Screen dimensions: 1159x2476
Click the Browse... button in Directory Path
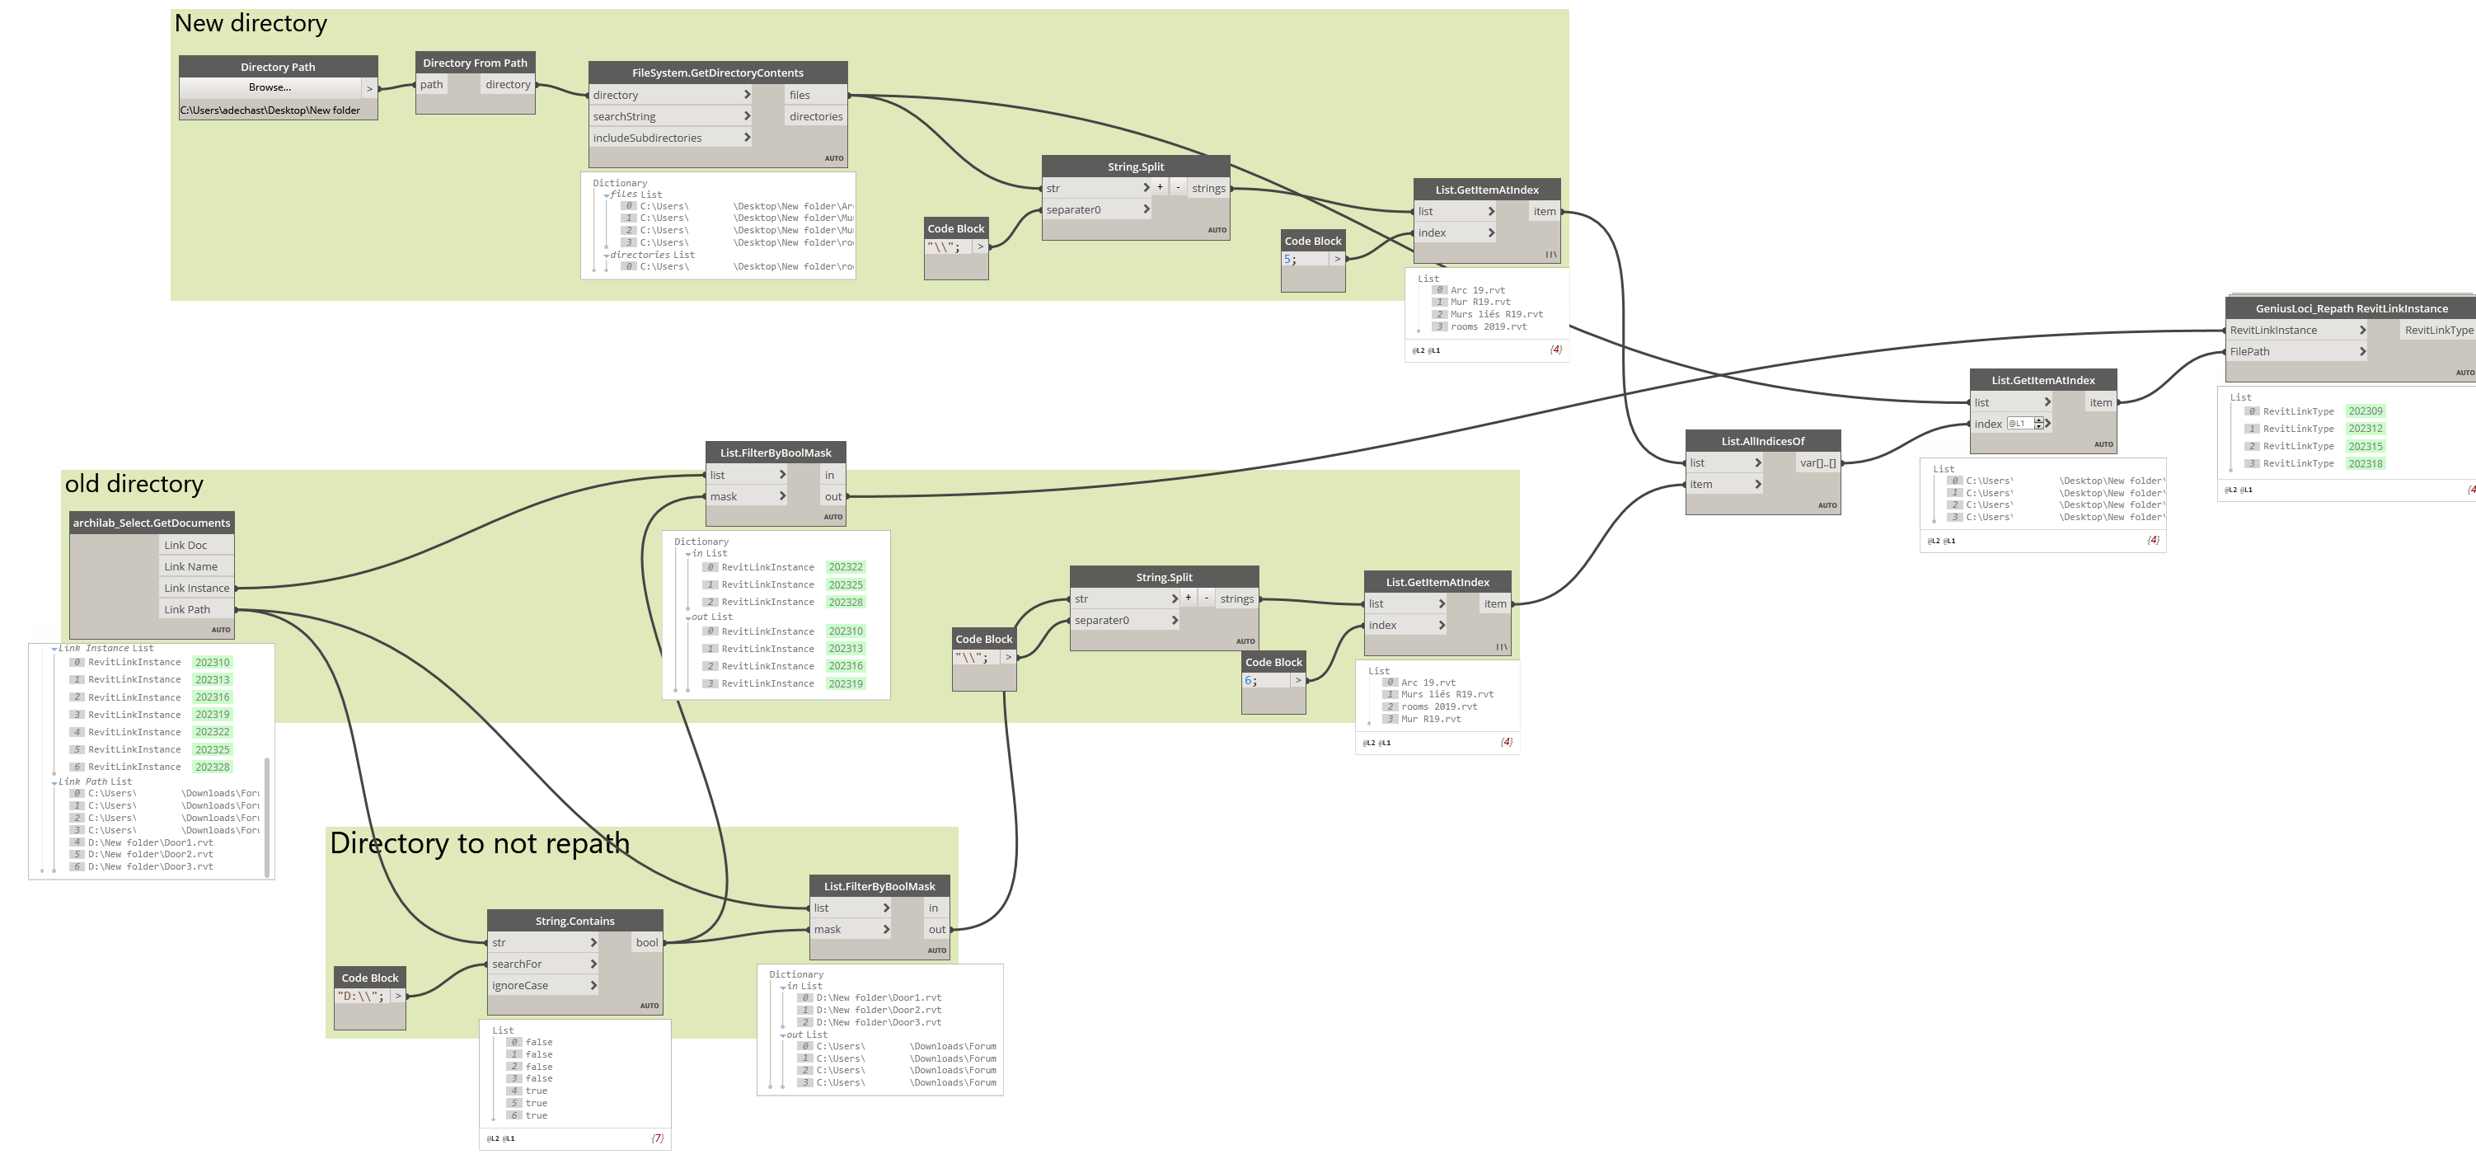pos(270,87)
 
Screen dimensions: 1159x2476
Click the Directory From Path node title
pos(475,63)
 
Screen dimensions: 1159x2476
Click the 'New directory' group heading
pos(251,23)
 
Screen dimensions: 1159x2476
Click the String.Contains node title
pos(574,921)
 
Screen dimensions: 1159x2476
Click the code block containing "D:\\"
pos(360,997)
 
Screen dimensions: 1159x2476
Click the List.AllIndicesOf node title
pos(1763,441)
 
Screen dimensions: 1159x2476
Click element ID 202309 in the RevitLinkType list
pos(2366,411)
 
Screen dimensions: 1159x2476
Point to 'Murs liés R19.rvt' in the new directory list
pos(1497,314)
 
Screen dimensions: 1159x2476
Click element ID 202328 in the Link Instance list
pos(213,767)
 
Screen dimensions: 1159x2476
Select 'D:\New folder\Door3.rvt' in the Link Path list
pos(151,867)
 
